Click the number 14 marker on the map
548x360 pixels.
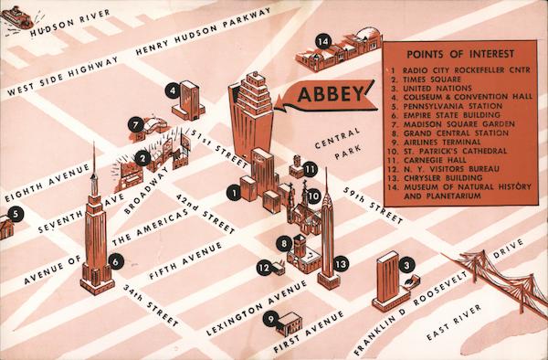click(322, 42)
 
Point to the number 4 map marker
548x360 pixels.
click(172, 90)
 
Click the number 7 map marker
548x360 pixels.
click(134, 123)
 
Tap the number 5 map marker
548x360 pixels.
click(14, 216)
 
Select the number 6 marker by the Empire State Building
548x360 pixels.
click(115, 261)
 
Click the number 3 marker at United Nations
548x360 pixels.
click(406, 264)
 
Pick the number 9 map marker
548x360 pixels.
click(271, 319)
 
